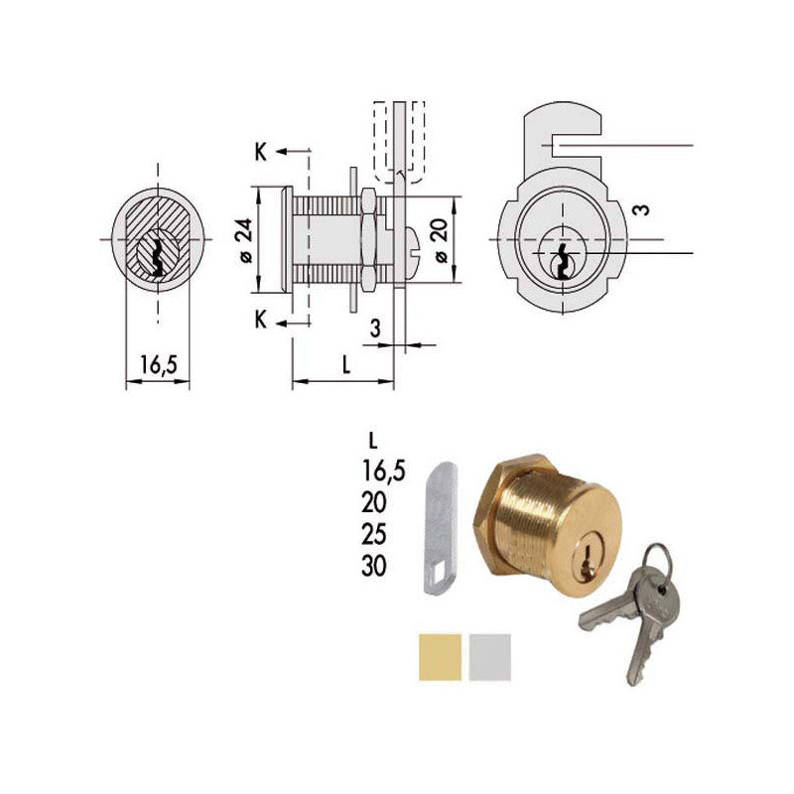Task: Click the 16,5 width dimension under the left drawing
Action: (157, 365)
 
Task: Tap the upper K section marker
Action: (260, 152)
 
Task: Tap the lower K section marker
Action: (260, 320)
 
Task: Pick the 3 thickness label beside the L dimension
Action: (375, 328)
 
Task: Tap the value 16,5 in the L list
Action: (384, 471)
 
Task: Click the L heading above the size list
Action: (371, 440)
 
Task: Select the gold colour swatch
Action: (438, 656)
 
